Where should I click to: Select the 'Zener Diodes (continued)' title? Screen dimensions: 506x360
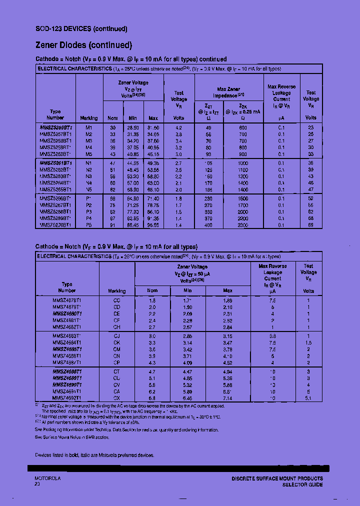83,45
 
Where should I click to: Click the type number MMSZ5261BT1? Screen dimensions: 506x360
55,163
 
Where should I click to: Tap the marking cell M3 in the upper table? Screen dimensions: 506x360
89,141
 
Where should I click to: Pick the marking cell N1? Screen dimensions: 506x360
89,163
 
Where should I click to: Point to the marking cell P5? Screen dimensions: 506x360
89,225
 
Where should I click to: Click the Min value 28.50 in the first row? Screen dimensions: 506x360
132,128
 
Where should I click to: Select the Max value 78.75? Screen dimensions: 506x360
153,205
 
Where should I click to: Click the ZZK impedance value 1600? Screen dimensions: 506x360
242,198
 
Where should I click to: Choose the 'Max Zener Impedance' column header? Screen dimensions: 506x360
228,92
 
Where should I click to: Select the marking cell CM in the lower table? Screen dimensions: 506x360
117,349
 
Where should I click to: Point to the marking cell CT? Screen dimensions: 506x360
117,372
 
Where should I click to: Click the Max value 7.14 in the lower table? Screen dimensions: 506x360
227,398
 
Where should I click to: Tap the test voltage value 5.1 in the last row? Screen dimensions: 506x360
308,398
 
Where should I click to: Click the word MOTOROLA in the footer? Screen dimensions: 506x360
47,478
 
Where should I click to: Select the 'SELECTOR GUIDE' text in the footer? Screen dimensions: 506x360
302,484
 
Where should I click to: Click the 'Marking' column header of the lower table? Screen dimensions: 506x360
117,290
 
